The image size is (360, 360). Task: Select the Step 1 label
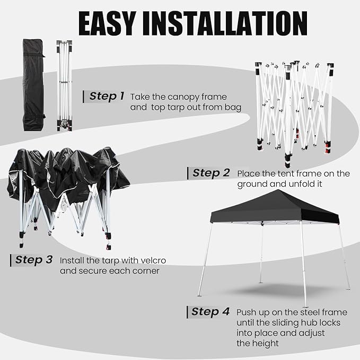[x=107, y=96]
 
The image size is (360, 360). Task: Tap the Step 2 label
[x=211, y=173]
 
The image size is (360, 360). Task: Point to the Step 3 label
[x=33, y=260]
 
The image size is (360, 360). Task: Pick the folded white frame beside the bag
[x=65, y=85]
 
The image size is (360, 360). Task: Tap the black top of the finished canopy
[x=274, y=208]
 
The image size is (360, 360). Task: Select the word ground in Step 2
[x=251, y=184]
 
